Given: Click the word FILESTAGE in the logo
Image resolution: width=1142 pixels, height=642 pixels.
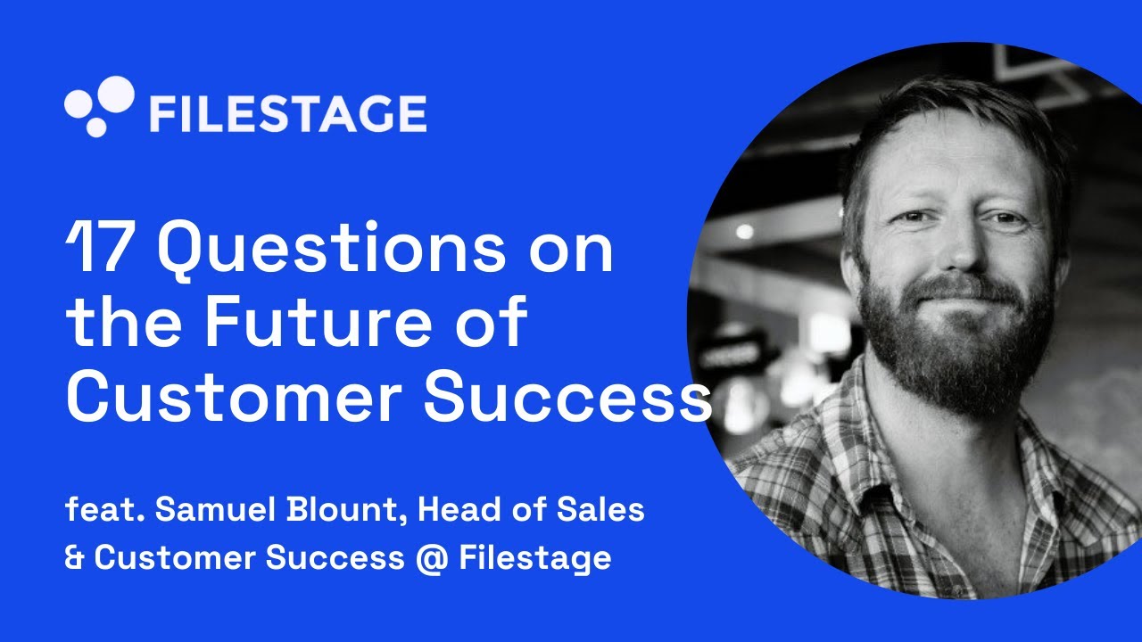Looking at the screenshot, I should [287, 114].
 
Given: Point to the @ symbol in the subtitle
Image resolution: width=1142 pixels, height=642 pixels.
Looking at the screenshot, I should [431, 558].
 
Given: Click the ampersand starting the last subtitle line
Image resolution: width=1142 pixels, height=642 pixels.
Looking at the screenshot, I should [75, 558].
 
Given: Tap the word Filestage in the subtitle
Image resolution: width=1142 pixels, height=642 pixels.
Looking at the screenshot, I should [535, 558].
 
